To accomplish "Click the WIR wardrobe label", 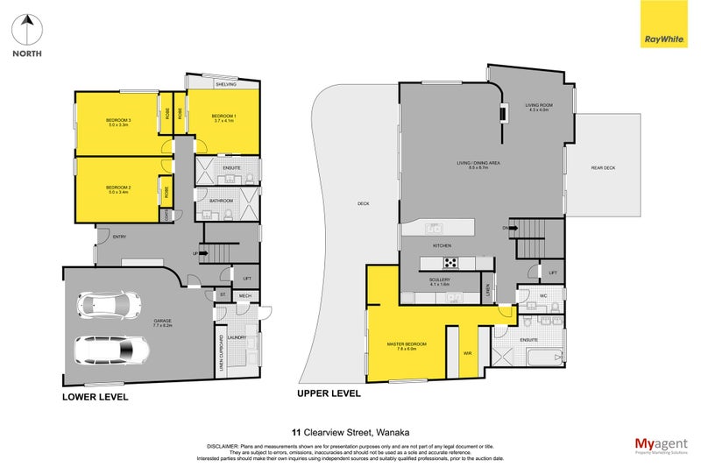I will (x=467, y=352).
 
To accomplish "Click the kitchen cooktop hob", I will (x=450, y=262).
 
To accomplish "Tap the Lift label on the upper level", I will (x=553, y=273).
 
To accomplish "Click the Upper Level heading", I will (x=329, y=393).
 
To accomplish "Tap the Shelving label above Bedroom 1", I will (x=225, y=84).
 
